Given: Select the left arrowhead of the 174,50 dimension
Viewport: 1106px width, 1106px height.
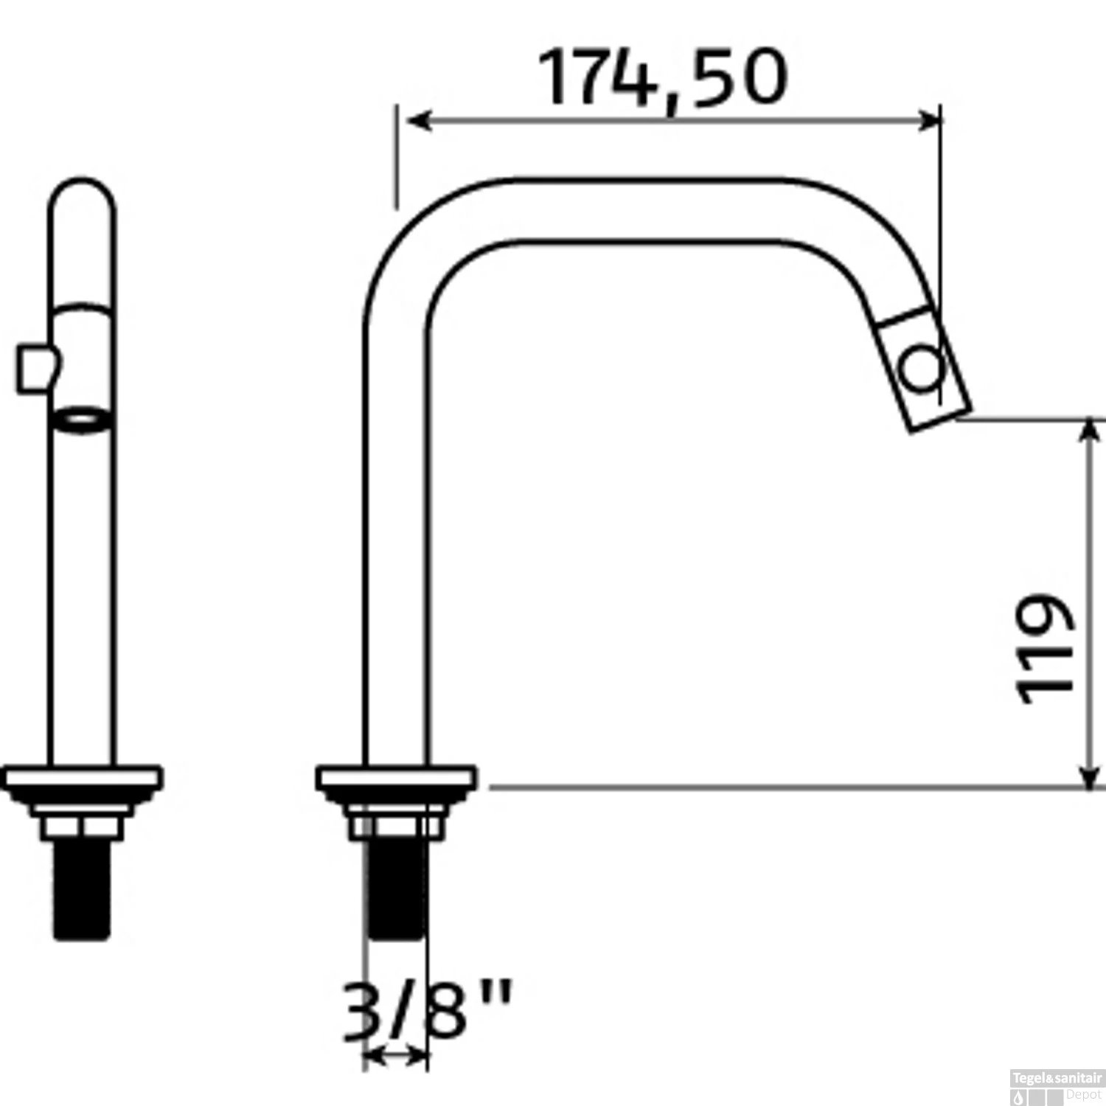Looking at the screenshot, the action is (419, 120).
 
